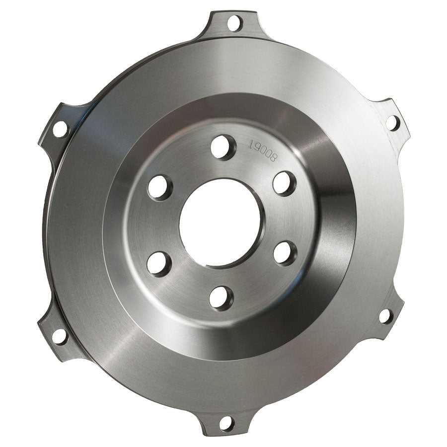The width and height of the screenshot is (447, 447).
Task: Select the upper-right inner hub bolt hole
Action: point(285,183)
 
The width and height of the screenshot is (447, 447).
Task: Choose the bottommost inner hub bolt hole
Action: point(221,298)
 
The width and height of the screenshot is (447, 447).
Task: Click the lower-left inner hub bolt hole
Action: point(159,263)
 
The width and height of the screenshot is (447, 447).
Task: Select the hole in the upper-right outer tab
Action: point(392,122)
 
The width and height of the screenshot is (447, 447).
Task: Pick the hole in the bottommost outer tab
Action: point(226,424)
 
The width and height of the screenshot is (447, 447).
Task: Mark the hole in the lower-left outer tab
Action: point(59,336)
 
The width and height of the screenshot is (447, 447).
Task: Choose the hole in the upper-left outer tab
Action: point(60,129)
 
